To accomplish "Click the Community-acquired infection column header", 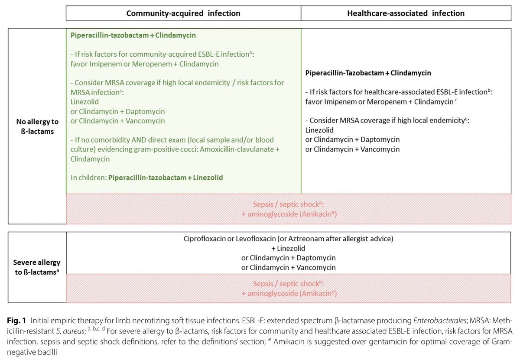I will tap(183, 13).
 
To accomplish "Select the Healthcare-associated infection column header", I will tap(406, 13).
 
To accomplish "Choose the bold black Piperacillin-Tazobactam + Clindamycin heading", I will tap(368, 73).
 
